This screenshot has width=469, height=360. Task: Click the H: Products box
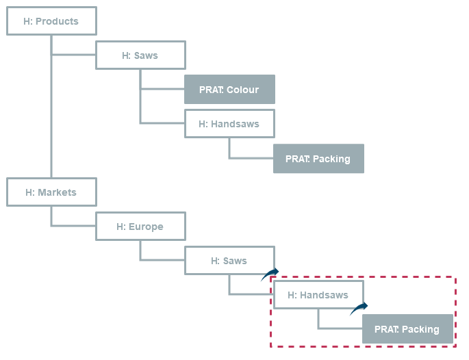51,21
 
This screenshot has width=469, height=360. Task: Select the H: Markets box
51,192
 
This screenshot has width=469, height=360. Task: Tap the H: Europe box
140,227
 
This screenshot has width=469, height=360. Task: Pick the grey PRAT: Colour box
229,90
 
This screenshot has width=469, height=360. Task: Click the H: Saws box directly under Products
140,55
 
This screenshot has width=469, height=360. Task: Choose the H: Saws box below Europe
229,261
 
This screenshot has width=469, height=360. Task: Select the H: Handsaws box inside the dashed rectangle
318,295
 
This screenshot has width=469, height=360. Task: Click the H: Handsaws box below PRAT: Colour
229,124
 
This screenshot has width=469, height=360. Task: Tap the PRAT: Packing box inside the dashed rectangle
407,329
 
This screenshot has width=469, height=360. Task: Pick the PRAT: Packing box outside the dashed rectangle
318,159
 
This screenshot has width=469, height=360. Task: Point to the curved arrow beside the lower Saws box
270,274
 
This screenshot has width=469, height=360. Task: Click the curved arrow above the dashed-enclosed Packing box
359,309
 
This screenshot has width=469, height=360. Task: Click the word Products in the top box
57,21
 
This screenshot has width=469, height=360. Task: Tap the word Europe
146,227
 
